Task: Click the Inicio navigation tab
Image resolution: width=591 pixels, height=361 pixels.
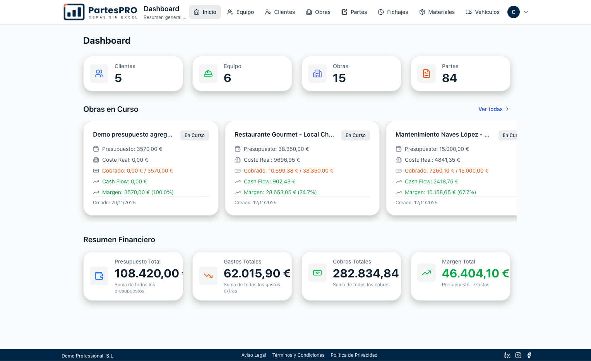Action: coord(205,12)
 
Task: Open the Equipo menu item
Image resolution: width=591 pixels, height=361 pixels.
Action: coord(241,12)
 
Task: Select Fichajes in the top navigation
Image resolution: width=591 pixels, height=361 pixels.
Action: coord(393,12)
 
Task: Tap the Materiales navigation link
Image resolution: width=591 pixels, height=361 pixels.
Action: coord(437,12)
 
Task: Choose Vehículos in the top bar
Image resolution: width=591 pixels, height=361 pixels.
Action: coord(483,12)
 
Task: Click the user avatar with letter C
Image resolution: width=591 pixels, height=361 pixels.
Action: coord(513,12)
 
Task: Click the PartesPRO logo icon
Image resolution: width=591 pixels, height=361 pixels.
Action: coord(74,12)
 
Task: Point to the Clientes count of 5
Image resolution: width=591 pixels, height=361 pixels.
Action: coord(118,78)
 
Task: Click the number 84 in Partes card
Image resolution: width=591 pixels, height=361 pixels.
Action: coord(449,78)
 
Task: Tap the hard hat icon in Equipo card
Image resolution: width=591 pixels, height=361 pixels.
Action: coord(208,74)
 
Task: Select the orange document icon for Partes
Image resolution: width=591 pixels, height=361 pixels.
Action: coord(427,74)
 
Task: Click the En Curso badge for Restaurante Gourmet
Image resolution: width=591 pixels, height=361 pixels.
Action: coord(355,135)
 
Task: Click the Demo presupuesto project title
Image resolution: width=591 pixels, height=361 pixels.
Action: coord(133,135)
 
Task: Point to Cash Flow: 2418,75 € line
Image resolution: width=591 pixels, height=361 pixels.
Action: coord(431,181)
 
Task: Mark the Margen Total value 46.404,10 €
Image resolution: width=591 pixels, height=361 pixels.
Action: coord(475,274)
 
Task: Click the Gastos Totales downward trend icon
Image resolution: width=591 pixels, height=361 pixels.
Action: coord(208,276)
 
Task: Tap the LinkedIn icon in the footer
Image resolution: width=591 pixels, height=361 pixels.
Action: coord(507,355)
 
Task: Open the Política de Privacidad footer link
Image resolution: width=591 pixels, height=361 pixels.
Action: coord(354,355)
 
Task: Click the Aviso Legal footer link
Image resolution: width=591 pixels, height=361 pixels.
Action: coord(254,355)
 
